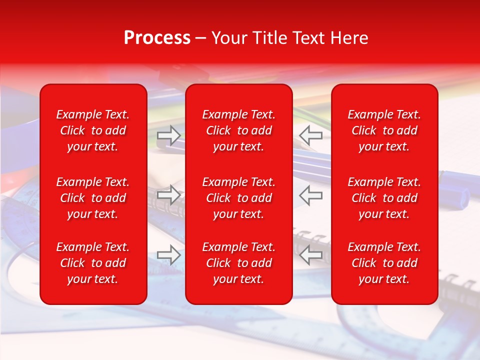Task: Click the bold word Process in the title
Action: [x=157, y=38]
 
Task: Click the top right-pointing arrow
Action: [x=169, y=135]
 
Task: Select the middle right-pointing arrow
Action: [x=169, y=194]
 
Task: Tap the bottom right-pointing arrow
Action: [x=169, y=254]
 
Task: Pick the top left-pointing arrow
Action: [x=310, y=135]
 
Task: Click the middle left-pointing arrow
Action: [x=310, y=194]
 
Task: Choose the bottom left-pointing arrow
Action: [x=310, y=254]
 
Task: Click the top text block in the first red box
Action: [x=93, y=130]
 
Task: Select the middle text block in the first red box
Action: [x=93, y=198]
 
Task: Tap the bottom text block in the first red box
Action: [x=93, y=263]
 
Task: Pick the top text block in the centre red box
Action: [x=239, y=130]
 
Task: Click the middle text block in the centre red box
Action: [x=239, y=198]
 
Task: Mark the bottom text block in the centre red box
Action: [x=239, y=263]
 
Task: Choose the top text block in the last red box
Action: [x=384, y=130]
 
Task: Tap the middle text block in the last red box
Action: [x=384, y=198]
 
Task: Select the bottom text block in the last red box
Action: [x=384, y=263]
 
